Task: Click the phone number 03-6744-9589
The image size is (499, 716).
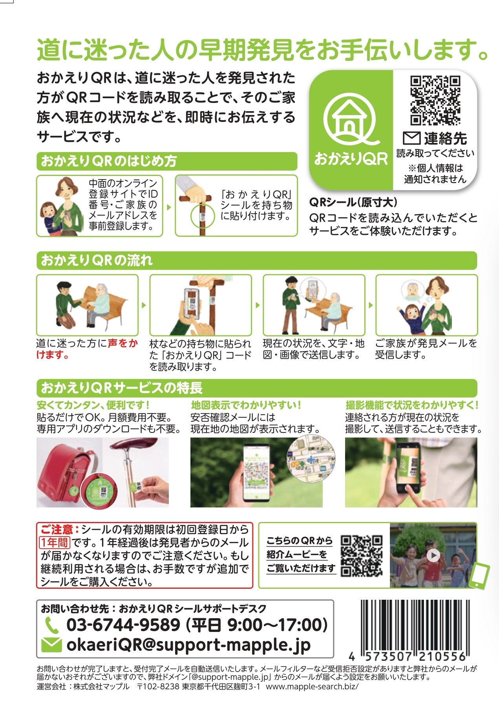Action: (123, 624)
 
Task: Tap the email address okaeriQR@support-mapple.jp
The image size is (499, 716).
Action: (188, 645)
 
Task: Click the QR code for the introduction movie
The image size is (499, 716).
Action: (361, 555)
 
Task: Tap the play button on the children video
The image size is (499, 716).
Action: (433, 555)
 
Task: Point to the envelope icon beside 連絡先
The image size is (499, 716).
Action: (411, 138)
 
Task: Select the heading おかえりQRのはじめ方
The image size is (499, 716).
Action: (109, 161)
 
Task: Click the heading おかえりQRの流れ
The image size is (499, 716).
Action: (97, 260)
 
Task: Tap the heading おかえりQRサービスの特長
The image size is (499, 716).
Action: (122, 388)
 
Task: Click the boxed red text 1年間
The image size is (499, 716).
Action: (55, 542)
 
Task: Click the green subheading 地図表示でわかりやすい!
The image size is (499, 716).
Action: (246, 405)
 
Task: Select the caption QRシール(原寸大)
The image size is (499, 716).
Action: (353, 202)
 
